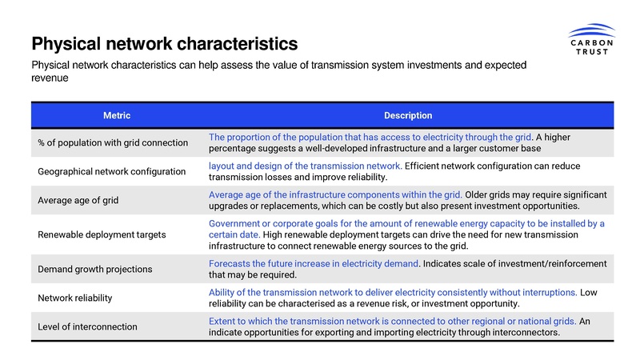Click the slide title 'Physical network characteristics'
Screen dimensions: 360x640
[x=164, y=42]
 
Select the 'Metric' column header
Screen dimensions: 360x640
[x=117, y=116]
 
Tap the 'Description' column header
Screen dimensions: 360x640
[x=408, y=116]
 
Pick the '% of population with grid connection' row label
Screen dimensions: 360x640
[x=113, y=142]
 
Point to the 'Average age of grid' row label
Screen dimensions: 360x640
[x=78, y=200]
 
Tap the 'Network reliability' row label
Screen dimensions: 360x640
[x=76, y=298]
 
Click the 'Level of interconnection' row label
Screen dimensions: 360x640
[x=88, y=326]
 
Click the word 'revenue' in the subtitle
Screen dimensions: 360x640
[x=50, y=80]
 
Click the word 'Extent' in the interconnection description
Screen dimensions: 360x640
[x=222, y=321]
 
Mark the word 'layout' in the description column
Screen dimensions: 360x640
[x=222, y=166]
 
